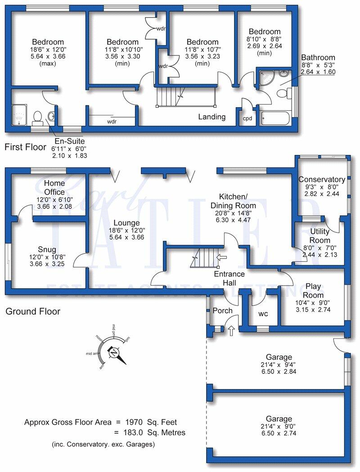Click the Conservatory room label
click(x=322, y=180)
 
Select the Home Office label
click(x=54, y=188)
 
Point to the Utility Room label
click(x=320, y=235)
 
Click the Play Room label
click(x=313, y=290)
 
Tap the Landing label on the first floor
click(x=212, y=117)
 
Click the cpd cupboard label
click(x=247, y=119)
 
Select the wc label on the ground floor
click(x=263, y=314)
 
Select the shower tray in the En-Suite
click(x=20, y=114)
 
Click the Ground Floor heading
click(x=33, y=311)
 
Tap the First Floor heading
click(x=26, y=147)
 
